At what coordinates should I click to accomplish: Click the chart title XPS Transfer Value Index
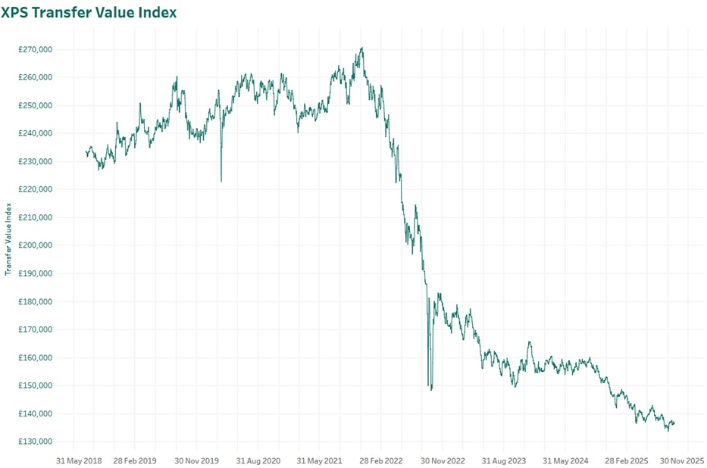coord(89,13)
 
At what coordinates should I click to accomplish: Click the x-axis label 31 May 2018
coord(79,460)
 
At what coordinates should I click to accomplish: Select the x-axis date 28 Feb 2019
coord(135,460)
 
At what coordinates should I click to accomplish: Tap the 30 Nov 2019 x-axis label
coord(196,460)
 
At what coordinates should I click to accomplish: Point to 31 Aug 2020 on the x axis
coord(258,460)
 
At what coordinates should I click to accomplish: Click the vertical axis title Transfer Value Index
coord(8,238)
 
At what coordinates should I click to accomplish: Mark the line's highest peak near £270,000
coord(362,48)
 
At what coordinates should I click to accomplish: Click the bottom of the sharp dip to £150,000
coord(431,389)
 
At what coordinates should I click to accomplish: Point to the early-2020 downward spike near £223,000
coord(221,181)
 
